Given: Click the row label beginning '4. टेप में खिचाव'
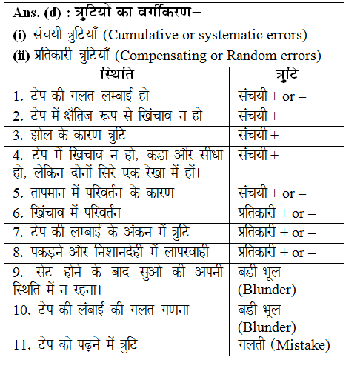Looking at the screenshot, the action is tap(119, 164).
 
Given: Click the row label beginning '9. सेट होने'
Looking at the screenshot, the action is tap(119, 279).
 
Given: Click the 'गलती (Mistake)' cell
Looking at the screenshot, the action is tap(284, 344).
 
